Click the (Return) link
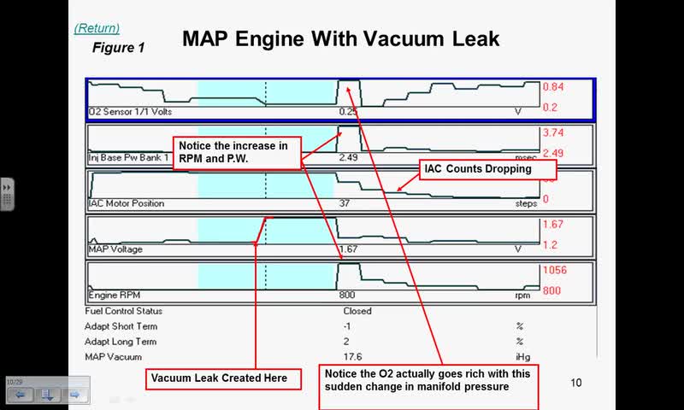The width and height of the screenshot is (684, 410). click(x=97, y=28)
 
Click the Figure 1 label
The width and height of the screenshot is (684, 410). click(x=118, y=48)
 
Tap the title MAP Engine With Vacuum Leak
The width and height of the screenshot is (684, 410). click(x=340, y=39)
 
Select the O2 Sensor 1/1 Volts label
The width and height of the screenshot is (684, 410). click(x=129, y=111)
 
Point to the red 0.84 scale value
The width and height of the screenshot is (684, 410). click(x=553, y=87)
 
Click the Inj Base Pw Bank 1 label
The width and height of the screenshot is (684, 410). click(x=129, y=158)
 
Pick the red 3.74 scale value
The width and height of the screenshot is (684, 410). click(x=553, y=133)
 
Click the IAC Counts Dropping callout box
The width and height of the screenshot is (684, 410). click(x=477, y=169)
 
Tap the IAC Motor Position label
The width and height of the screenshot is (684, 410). click(x=126, y=203)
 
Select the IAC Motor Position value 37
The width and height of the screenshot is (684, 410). click(x=345, y=203)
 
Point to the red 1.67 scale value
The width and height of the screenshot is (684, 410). click(x=553, y=225)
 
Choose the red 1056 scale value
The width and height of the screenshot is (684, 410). click(x=555, y=270)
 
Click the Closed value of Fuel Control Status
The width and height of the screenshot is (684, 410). click(x=357, y=311)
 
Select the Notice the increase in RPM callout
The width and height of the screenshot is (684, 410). click(x=236, y=152)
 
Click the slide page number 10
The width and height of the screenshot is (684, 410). click(x=575, y=383)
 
